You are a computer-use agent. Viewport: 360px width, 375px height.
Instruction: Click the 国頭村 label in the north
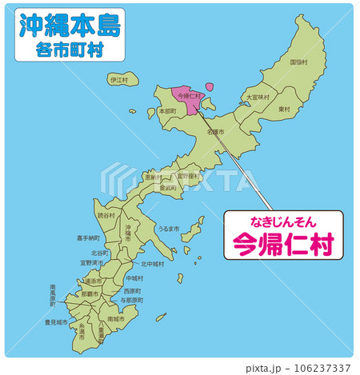click(x=299, y=62)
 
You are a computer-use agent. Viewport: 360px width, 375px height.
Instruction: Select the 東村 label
click(x=284, y=109)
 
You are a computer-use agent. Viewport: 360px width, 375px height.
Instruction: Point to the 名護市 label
click(x=215, y=130)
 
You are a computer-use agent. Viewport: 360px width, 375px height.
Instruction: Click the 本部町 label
click(x=167, y=111)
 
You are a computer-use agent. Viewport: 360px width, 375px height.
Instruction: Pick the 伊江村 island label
click(x=119, y=80)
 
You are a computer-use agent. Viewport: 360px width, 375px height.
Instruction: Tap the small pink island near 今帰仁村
click(x=210, y=86)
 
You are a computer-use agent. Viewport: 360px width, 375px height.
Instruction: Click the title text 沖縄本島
click(x=68, y=25)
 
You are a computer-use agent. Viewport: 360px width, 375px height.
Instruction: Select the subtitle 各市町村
click(x=68, y=50)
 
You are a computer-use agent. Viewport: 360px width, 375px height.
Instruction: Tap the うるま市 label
click(x=168, y=228)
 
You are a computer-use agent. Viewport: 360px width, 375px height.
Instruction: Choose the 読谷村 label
click(x=106, y=216)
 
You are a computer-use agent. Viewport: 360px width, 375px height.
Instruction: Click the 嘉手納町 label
click(x=88, y=237)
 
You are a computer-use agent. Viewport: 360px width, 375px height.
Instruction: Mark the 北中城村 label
click(x=152, y=264)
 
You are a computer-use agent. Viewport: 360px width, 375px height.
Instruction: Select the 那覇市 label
click(x=90, y=294)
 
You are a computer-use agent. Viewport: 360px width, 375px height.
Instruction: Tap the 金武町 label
click(x=168, y=188)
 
